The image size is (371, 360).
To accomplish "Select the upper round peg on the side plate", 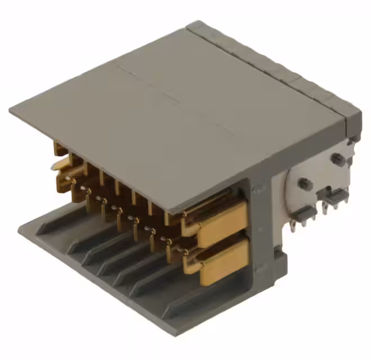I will pyautogui.click(x=336, y=159).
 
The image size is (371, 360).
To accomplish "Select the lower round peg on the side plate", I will pyautogui.click(x=304, y=183).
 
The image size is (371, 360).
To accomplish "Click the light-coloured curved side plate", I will pyautogui.click(x=315, y=180).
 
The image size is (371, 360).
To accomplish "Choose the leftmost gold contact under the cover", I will pyautogui.click(x=58, y=148).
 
